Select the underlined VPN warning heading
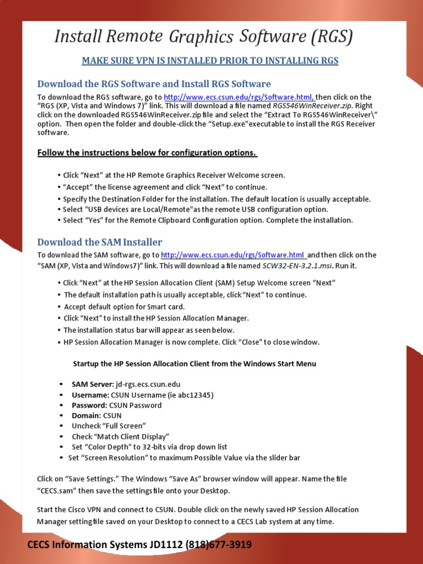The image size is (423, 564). pos(210,61)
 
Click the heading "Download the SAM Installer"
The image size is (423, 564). pos(100,242)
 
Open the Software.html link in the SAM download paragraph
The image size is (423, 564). pos(233,255)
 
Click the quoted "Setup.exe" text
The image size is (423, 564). pos(220,124)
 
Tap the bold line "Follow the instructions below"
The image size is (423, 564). pos(147,153)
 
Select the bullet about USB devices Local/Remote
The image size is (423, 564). pos(196,209)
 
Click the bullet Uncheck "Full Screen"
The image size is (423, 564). pos(109,426)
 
